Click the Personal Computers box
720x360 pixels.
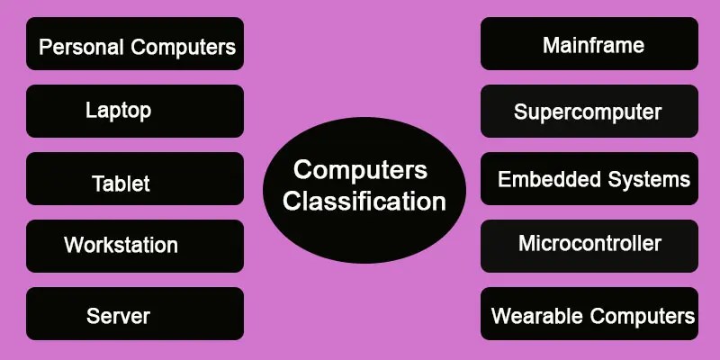tap(135, 44)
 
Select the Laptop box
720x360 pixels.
tap(135, 111)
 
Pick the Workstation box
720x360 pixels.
tap(135, 246)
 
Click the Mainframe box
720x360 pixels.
tap(589, 44)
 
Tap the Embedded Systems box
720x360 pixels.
tap(589, 178)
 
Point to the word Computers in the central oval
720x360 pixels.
tap(361, 169)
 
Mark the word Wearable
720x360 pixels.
tap(535, 317)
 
